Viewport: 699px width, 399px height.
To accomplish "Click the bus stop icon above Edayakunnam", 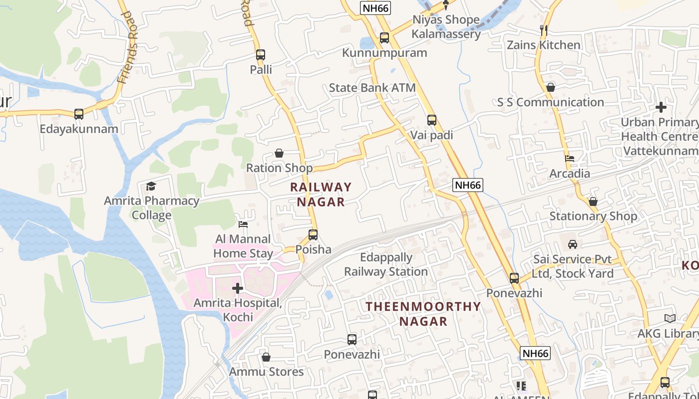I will coord(79,114).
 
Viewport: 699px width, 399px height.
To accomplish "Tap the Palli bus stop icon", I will coord(260,55).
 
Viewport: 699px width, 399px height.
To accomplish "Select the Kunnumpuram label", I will coord(384,53).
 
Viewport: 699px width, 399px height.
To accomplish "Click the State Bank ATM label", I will coord(372,88).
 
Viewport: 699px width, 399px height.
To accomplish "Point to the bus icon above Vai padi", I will coord(432,120).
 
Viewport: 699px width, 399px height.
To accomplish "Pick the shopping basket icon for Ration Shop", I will coord(279,153).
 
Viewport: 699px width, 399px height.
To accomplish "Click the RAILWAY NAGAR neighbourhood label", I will coord(321,194).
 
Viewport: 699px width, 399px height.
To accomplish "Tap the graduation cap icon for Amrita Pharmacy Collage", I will coord(151,187).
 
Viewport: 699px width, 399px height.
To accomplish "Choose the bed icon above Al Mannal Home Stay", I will coord(243,224).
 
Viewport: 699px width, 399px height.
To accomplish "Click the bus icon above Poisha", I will coord(313,234).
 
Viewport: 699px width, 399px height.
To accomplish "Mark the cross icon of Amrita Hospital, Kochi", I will coord(238,288).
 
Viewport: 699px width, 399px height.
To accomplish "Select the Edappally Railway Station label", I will coord(386,265).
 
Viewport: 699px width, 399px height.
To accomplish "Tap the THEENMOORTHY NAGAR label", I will coord(423,314).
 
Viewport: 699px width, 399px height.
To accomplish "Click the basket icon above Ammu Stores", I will coord(266,357).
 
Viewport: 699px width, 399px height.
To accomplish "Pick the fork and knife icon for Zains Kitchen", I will coord(544,30).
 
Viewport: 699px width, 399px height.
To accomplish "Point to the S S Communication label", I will coord(550,102).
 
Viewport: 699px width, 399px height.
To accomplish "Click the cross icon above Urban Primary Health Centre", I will coord(661,107).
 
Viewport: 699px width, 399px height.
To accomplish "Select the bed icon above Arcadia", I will coord(570,159).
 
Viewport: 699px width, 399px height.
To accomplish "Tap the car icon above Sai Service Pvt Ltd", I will coord(573,244).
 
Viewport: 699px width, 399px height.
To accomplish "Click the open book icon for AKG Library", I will coord(670,318).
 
